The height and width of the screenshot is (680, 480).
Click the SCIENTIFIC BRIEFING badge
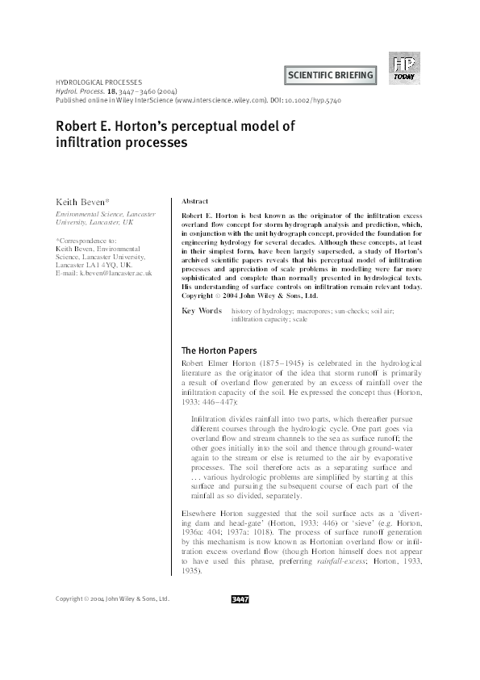coord(331,76)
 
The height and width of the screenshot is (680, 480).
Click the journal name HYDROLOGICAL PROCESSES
coord(98,82)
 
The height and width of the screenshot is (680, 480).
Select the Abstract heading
coord(196,201)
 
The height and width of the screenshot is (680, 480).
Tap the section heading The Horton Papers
coord(219,350)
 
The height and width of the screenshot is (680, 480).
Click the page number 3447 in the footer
coord(240,644)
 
